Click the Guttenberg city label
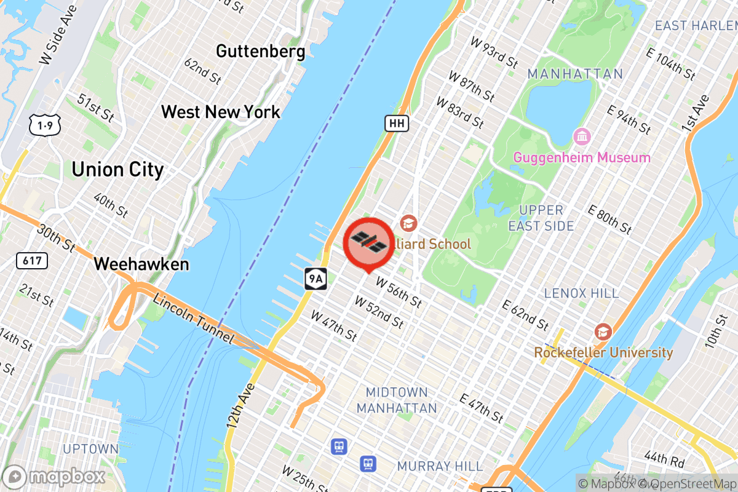coord(260,51)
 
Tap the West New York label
coord(220,112)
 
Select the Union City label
coord(117,169)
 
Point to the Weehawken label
coord(141,264)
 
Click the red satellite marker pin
coord(368,242)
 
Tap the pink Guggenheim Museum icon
coord(581,135)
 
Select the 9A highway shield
coord(315,279)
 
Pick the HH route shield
coord(397,123)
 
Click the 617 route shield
coord(31,261)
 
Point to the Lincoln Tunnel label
coord(194,319)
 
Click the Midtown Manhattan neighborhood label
coord(397,400)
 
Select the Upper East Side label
coord(541,218)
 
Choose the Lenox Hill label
coord(581,293)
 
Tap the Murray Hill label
coord(440,466)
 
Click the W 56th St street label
coord(399,293)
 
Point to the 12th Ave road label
coord(240,407)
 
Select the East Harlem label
coord(696,26)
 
